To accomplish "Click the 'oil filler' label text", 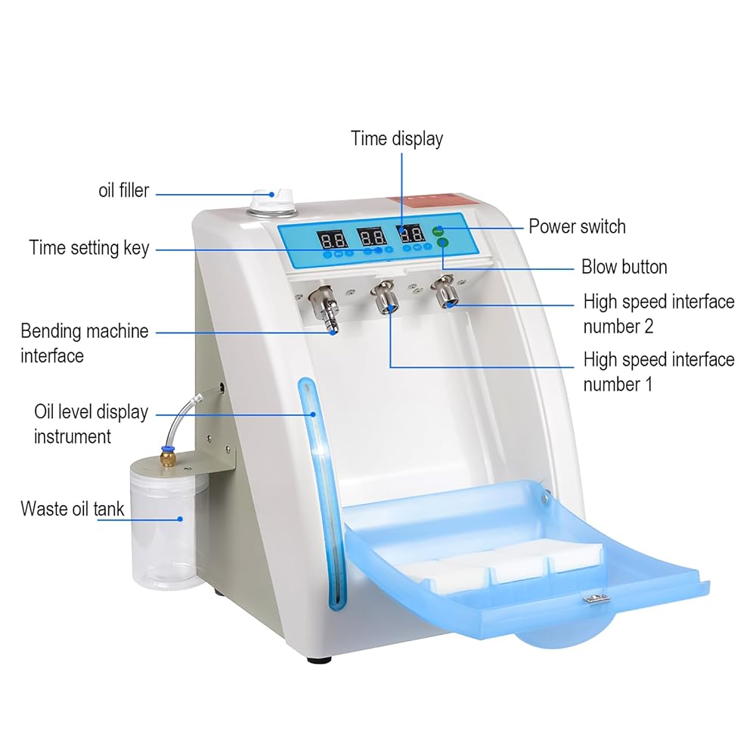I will click(124, 191).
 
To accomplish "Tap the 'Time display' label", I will click(396, 138).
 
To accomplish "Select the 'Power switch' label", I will click(577, 226).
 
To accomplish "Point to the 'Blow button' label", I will click(624, 267).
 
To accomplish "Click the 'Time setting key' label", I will click(89, 248).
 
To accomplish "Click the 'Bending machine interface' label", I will click(85, 342).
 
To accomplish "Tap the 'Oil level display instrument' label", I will click(91, 424).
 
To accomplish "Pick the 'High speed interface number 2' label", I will click(658, 314).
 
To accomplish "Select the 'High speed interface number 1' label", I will click(658, 371).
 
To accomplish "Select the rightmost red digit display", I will click(413, 234).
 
